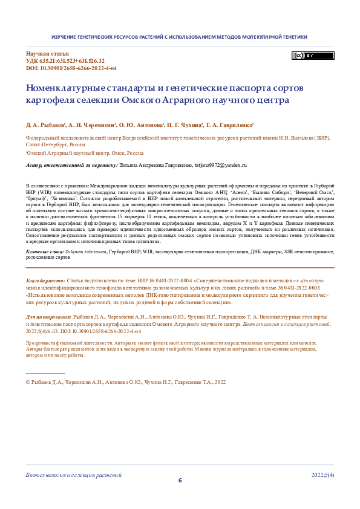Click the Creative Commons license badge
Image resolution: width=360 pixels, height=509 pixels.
(304, 56)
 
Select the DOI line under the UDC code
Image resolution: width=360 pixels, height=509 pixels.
(71, 68)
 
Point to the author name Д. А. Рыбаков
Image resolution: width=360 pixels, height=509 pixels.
(45, 123)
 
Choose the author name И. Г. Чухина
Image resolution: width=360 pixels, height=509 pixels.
(185, 123)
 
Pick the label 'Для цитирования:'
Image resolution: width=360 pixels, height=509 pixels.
(48, 317)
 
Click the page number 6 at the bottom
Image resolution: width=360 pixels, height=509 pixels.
(180, 481)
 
